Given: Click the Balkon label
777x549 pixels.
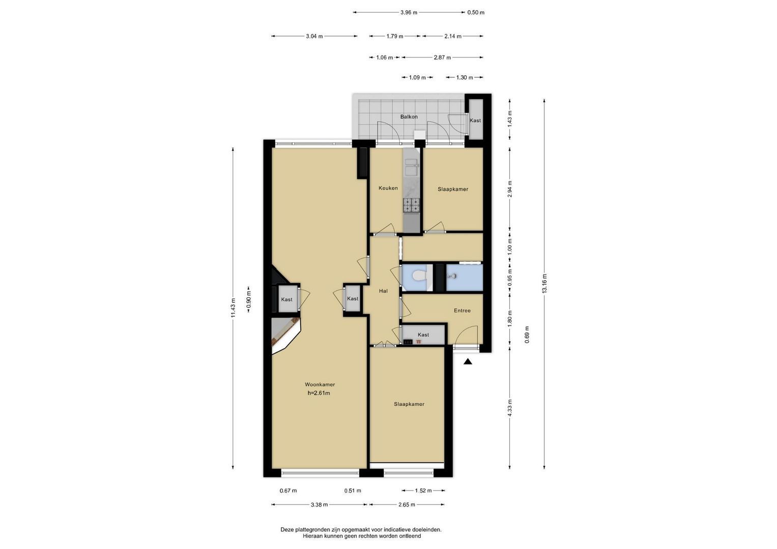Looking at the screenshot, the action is click(409, 117).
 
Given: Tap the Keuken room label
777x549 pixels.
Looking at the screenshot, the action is click(388, 188).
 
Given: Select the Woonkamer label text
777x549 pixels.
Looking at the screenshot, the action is click(320, 384).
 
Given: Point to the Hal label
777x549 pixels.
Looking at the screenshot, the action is click(383, 291).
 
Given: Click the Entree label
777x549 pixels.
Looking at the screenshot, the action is click(463, 311).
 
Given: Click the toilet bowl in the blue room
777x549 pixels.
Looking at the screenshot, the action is click(420, 276).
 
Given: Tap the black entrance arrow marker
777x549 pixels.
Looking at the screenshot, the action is click(468, 362).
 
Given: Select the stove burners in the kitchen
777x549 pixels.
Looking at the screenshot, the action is click(411, 205).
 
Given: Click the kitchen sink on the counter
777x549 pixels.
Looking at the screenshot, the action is click(412, 167).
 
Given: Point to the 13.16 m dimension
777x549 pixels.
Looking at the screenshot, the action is click(544, 284).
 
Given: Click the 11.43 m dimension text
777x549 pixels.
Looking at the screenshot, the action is click(233, 308).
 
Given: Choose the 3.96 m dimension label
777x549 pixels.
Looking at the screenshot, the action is click(409, 13).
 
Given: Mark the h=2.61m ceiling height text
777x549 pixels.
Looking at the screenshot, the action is click(319, 393).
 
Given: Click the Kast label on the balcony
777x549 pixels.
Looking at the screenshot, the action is click(475, 120).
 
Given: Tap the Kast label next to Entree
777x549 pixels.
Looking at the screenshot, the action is click(423, 335).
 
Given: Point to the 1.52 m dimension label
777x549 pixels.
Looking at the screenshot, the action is click(423, 491).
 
